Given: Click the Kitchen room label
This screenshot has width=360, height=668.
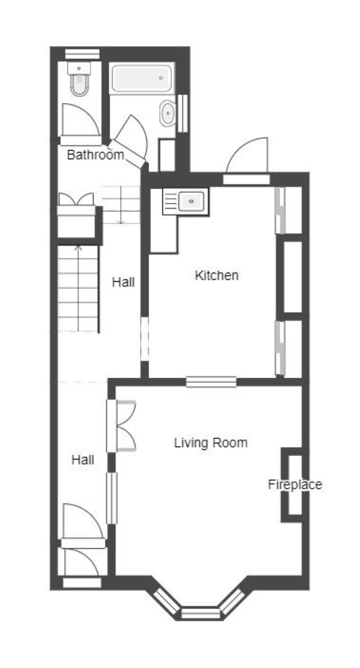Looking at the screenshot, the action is (x=217, y=275).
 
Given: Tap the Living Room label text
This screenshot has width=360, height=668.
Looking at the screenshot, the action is (x=211, y=443).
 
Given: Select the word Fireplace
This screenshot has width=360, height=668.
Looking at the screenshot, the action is (x=294, y=484).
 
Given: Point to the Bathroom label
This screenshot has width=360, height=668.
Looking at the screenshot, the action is (x=95, y=155).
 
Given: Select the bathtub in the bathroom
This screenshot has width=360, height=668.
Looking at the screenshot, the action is (x=142, y=78).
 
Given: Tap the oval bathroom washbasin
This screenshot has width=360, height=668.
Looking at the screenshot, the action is (x=168, y=113).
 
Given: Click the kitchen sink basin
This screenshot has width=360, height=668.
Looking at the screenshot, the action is (x=191, y=202).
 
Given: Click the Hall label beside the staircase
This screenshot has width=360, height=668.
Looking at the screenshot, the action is (x=123, y=282).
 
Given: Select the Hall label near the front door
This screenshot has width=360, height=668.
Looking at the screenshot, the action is (x=83, y=460).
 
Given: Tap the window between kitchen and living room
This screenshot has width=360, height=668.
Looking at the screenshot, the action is (x=211, y=382).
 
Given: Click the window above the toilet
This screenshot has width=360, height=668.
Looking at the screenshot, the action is (x=82, y=54).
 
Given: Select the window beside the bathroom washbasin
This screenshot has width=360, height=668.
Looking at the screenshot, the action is (x=183, y=113).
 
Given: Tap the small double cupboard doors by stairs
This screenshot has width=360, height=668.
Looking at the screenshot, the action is (x=76, y=199).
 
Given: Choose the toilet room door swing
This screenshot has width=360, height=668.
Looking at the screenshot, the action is (x=81, y=119).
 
